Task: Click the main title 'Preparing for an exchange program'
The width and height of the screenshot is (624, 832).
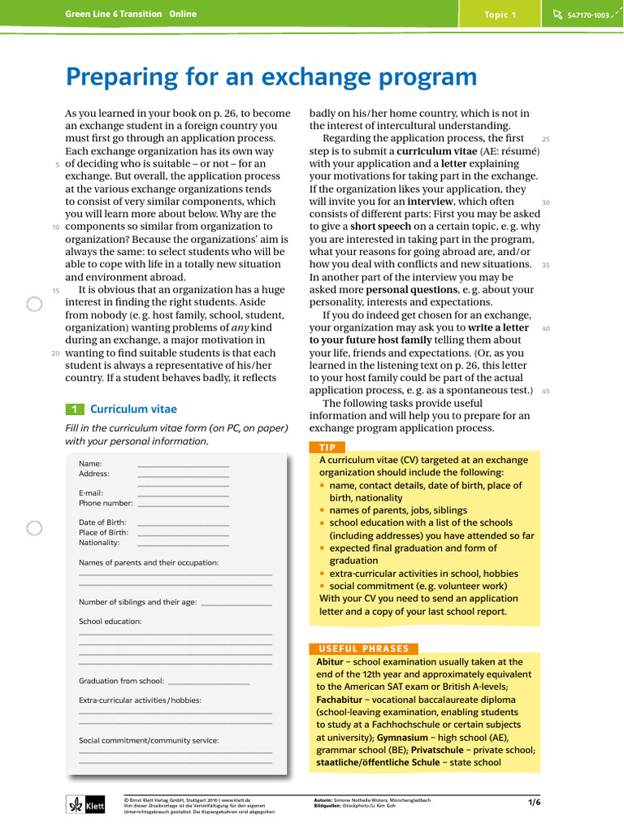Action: pos(271,77)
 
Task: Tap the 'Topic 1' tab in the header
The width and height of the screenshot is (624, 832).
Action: pos(500,15)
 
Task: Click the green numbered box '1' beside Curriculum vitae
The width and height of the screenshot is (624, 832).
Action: pos(73,409)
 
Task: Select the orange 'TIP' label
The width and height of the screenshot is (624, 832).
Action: pos(327,447)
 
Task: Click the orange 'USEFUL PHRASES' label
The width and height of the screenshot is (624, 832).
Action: pos(364,648)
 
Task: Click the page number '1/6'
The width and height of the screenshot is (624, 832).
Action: pos(534,802)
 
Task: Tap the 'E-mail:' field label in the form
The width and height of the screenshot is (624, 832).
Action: pos(90,493)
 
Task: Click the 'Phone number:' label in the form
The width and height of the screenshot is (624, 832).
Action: pos(106,503)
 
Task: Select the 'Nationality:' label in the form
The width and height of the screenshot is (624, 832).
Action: pos(99,542)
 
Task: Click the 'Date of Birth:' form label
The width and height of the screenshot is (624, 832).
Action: pos(102,522)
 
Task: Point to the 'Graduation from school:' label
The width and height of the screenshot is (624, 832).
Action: pos(121,681)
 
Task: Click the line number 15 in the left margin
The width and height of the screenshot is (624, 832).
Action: pos(55,290)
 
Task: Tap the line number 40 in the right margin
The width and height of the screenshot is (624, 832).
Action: pos(546,328)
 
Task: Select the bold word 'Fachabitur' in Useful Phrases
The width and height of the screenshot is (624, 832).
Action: pos(339,699)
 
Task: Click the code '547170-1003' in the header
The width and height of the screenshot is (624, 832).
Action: pos(588,15)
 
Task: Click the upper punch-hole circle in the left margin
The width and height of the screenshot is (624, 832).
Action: pos(34,305)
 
